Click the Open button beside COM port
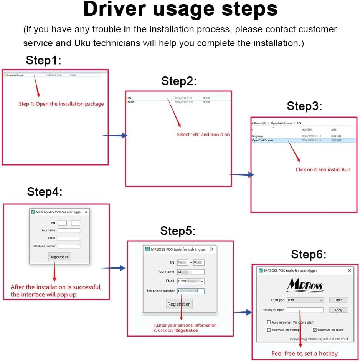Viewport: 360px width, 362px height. [x=338, y=300]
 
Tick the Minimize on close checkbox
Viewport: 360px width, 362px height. [x=315, y=330]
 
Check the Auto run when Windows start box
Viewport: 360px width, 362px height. [x=269, y=322]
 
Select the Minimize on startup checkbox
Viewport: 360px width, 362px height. [x=269, y=330]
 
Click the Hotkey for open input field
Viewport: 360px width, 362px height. [x=305, y=310]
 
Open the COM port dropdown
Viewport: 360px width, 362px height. [x=305, y=300]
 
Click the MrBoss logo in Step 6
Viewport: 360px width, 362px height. [x=305, y=286]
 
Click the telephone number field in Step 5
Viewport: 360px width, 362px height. [x=190, y=291]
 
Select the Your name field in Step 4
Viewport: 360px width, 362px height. [x=69, y=231]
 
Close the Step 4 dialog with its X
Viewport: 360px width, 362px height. [x=86, y=212]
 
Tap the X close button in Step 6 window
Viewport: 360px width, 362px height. [x=349, y=271]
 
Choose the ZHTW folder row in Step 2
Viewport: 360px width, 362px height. [x=131, y=102]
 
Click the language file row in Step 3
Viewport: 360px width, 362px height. [x=258, y=136]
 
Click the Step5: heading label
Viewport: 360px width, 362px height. [x=178, y=231]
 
